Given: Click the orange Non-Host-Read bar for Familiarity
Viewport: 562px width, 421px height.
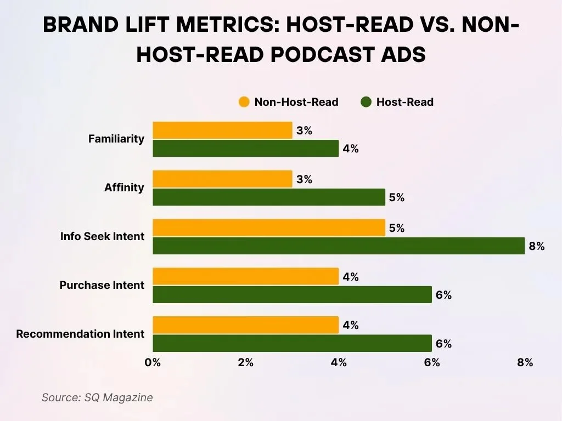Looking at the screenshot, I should tap(222, 130).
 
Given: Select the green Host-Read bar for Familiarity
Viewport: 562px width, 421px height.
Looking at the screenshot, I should tap(245, 149).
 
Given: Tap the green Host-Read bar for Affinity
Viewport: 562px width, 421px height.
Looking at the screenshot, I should tap(269, 197).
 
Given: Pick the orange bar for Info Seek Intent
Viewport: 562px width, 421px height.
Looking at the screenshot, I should tap(269, 228).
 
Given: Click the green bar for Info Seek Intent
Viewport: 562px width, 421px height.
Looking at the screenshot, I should tap(339, 246).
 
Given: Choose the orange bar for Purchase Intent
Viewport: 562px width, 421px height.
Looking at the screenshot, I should tap(245, 277).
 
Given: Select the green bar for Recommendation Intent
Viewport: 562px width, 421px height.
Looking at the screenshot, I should tap(292, 344).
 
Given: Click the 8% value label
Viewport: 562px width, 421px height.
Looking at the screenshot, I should tap(536, 247).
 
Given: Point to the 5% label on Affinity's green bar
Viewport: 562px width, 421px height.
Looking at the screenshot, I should tap(396, 198).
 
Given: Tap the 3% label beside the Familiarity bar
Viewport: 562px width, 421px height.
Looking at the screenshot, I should tap(304, 131).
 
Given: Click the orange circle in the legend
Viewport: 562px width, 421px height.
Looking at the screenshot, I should tap(244, 102).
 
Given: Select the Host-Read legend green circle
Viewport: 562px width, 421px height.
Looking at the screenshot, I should tap(366, 102).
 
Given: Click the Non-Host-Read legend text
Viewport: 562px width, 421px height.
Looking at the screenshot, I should tap(296, 102).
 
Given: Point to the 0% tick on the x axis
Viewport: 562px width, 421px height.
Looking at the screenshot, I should tap(153, 362).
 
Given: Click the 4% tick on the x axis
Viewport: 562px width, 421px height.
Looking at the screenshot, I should tap(339, 362).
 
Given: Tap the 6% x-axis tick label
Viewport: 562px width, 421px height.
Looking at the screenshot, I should tap(432, 362).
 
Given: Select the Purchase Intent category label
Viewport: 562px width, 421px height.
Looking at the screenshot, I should tap(102, 285).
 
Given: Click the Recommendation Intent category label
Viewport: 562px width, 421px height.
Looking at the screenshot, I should tap(80, 334).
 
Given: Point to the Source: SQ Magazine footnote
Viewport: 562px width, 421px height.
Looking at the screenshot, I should tap(97, 397).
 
